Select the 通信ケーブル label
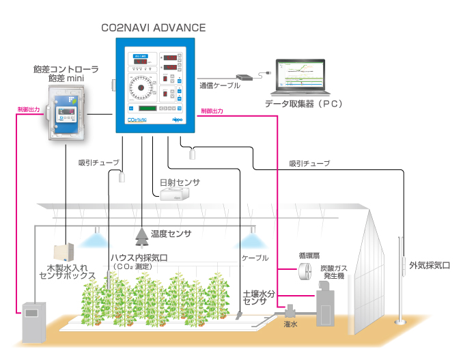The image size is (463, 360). pos(220,86)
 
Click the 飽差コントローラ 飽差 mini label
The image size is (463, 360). pos(66,74)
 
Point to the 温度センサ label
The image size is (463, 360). pos(171,234)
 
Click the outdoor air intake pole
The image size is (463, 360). pos(402,280)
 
